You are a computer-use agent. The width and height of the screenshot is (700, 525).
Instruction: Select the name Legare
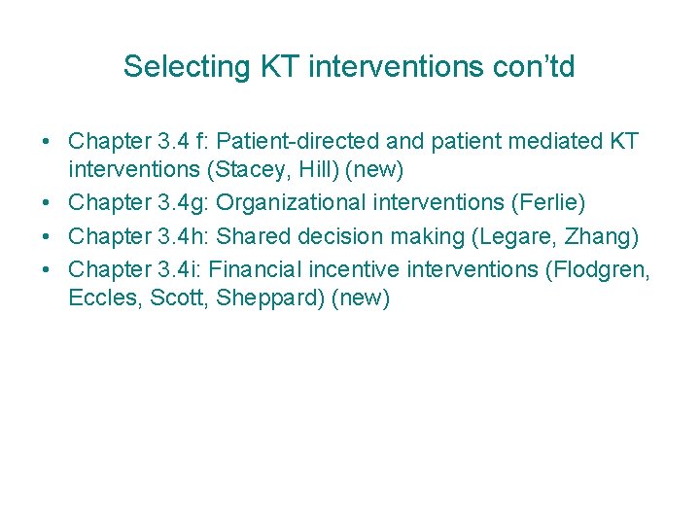tap(516, 235)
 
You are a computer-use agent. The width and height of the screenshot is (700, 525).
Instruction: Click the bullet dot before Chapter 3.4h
tap(47, 236)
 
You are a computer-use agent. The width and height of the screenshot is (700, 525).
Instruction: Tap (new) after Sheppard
tap(361, 297)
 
